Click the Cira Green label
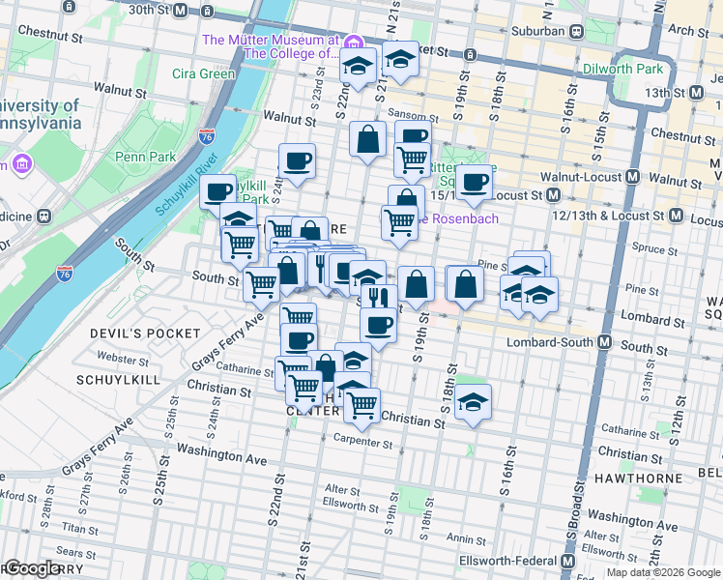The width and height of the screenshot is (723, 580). pyautogui.click(x=204, y=73)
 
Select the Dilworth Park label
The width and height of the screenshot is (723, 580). pyautogui.click(x=622, y=69)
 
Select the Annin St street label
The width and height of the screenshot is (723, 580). pyautogui.click(x=465, y=539)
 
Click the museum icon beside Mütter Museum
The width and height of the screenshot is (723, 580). pyautogui.click(x=354, y=43)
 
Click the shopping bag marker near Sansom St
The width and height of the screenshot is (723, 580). pyautogui.click(x=368, y=140)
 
